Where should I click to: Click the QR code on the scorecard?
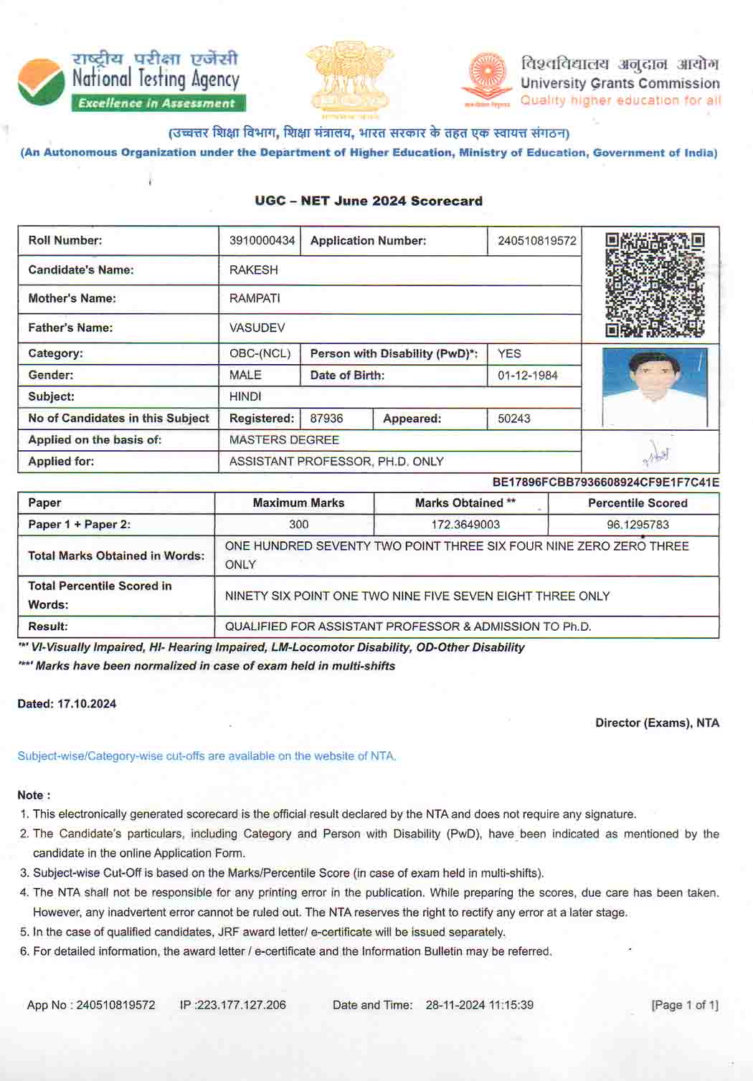coord(655,285)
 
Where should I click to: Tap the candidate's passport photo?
coord(655,387)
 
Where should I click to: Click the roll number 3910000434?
coord(262,241)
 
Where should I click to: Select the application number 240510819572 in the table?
coord(536,241)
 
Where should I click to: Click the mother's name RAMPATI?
coord(255,298)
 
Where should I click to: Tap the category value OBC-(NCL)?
coord(260,353)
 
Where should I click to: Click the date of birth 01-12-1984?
coord(527,376)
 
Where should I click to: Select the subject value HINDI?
coord(245,396)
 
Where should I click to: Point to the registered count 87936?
coord(326,419)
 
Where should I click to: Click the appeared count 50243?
coord(513,419)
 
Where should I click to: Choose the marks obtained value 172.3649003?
coord(465,525)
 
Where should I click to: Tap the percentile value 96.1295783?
coord(638,525)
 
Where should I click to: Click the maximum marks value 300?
coord(298,525)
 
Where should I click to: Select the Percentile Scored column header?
coord(638,503)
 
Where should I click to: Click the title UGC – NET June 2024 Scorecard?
coord(369,201)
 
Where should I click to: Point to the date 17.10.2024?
coord(87,704)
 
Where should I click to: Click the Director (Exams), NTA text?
coord(657,723)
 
